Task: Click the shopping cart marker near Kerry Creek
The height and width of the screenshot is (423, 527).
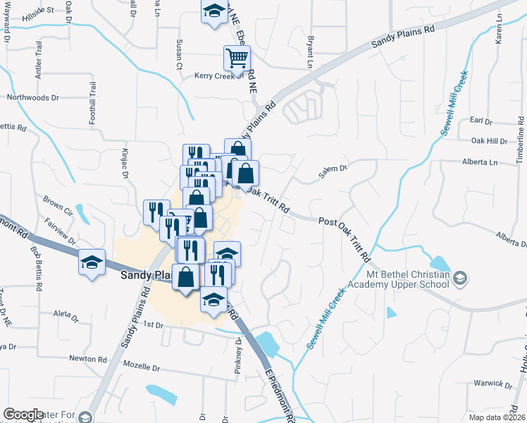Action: pyautogui.click(x=237, y=57)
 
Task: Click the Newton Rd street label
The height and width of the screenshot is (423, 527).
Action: pyautogui.click(x=87, y=358)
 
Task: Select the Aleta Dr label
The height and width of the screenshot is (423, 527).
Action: pyautogui.click(x=68, y=312)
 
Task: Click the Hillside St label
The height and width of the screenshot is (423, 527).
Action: pyautogui.click(x=38, y=12)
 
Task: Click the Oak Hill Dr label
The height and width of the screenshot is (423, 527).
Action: pyautogui.click(x=488, y=140)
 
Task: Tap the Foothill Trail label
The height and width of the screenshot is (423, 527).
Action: pyautogui.click(x=92, y=104)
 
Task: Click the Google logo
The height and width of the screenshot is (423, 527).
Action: pyautogui.click(x=23, y=415)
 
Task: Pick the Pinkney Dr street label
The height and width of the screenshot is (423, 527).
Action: pyautogui.click(x=238, y=356)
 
